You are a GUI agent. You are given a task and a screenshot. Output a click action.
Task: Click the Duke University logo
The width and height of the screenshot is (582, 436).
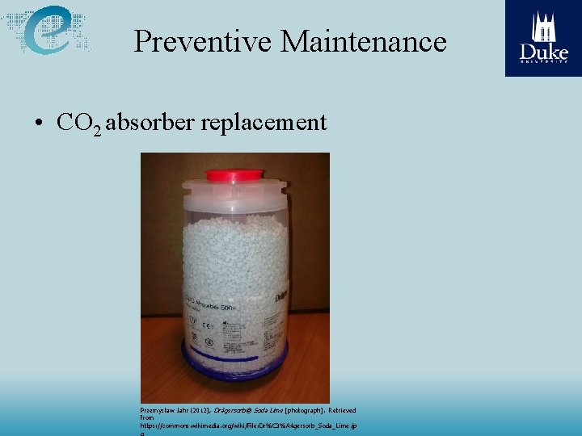click(543, 38)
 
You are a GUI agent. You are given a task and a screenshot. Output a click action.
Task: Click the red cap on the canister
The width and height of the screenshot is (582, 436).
click(234, 174)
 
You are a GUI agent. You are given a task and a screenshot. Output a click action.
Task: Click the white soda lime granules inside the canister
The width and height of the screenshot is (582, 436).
click(234, 250)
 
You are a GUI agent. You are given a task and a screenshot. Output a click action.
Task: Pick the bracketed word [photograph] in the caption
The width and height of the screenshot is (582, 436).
click(303, 410)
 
